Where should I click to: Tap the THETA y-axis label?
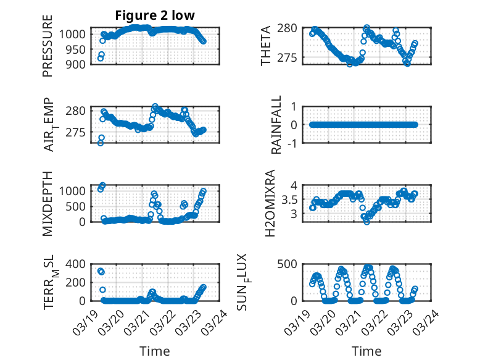click(x=266, y=46)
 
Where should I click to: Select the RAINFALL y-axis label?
click(x=276, y=125)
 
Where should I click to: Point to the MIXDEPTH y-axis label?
click(x=48, y=204)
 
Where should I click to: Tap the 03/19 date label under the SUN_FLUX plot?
click(x=300, y=320)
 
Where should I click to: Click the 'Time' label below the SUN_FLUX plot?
click(x=366, y=351)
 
